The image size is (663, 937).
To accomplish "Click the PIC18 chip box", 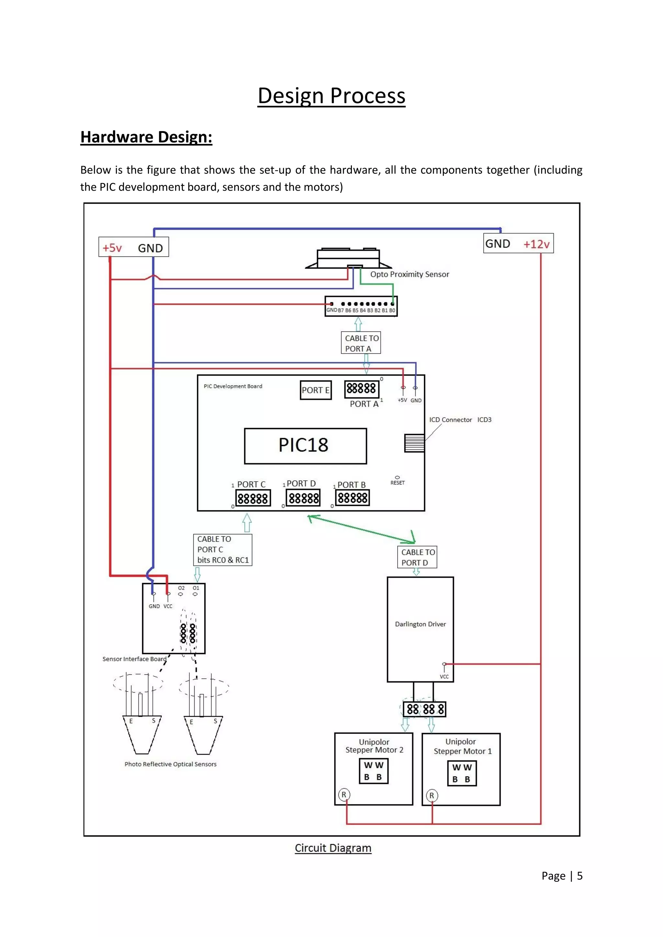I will (x=305, y=446).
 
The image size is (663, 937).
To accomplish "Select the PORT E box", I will (x=315, y=390).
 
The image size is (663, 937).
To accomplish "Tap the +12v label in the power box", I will (x=536, y=244).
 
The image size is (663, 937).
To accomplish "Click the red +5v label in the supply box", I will (x=112, y=248).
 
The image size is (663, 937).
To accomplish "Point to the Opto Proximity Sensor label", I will (x=409, y=274).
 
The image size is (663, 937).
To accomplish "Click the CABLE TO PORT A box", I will (x=361, y=343).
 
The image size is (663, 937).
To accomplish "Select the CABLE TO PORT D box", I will (x=417, y=557).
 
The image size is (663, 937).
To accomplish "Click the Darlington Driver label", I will (x=420, y=624).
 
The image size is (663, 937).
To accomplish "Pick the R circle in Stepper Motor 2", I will (x=344, y=795).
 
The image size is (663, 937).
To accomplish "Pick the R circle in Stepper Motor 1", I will (x=432, y=795).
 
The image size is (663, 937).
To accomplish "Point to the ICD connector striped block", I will (x=414, y=443).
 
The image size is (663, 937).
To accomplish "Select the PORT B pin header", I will (x=352, y=497).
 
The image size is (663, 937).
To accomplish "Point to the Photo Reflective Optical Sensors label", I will (x=170, y=764).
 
